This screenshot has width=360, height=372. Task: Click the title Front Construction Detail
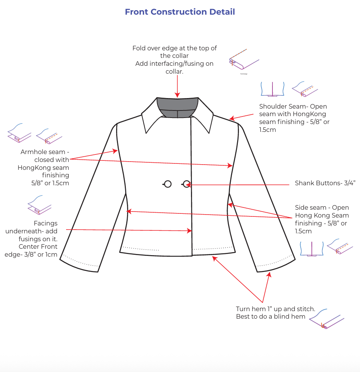coord(180,12)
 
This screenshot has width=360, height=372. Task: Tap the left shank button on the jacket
coord(168,184)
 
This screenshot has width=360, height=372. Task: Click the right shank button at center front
coord(186,184)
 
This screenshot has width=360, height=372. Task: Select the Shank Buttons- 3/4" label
coord(325,183)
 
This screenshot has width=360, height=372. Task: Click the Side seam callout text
coord(322,219)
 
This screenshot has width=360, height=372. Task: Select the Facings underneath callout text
coord(32,239)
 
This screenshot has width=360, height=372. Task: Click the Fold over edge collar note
coord(174,59)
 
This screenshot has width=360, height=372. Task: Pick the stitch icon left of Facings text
coord(39,205)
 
